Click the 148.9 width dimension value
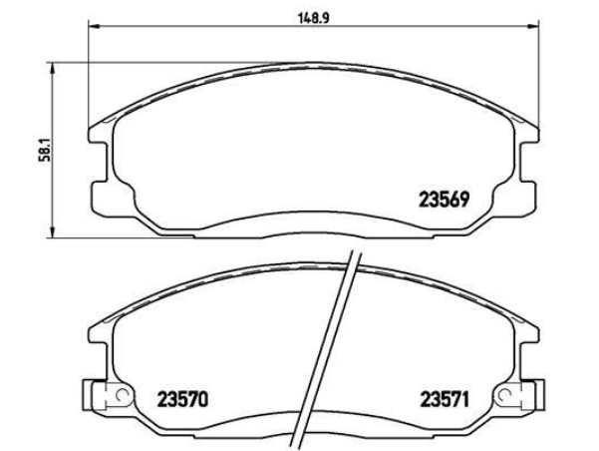point(313,18)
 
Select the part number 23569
point(444,200)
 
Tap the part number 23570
point(182,400)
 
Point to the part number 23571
point(445,400)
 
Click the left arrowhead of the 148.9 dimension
point(94,26)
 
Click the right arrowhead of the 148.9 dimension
point(533,26)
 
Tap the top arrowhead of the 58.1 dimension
point(53,69)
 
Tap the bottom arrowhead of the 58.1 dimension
point(53,231)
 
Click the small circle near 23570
point(123,393)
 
